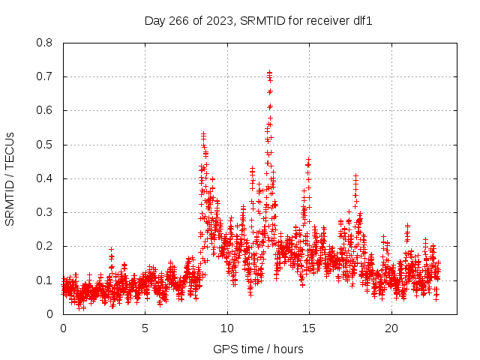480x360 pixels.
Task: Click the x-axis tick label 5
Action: coord(145,328)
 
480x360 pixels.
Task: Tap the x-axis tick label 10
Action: coord(227,328)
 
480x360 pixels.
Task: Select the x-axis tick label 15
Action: coord(309,328)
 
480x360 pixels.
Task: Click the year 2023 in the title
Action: coord(220,20)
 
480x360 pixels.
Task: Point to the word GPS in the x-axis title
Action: coord(223,349)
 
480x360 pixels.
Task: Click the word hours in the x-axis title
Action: coord(288,349)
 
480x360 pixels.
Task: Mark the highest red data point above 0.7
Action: coord(269,73)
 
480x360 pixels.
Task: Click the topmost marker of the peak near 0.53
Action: coord(203,134)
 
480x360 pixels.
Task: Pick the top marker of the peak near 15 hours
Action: coord(308,159)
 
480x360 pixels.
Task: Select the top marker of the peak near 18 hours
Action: coord(355,176)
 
